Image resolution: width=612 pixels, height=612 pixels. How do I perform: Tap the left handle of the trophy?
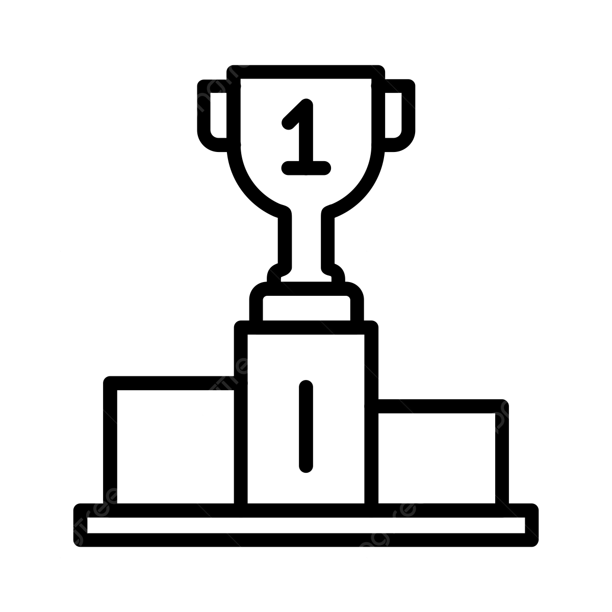[212, 112]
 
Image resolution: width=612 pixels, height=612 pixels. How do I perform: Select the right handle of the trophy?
[400, 112]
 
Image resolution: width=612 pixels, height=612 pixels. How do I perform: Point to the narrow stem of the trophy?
[306, 240]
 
